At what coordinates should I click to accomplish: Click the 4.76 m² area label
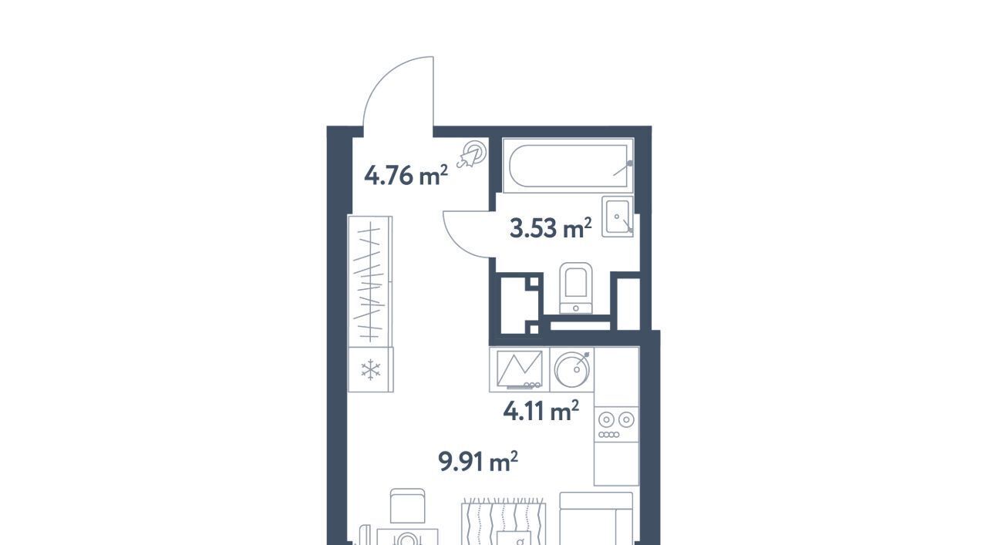[x=406, y=175]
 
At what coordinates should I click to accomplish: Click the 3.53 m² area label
[x=551, y=227]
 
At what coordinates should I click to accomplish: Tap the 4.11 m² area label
[x=541, y=411]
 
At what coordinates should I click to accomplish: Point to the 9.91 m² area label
[x=478, y=461]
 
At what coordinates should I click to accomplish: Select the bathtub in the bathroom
[x=568, y=166]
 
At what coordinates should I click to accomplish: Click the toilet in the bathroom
[x=575, y=288]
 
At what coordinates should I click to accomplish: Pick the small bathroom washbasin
[x=618, y=217]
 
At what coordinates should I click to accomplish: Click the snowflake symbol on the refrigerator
[x=371, y=370]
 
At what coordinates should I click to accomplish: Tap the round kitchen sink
[x=572, y=369]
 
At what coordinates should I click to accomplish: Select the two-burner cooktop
[x=616, y=424]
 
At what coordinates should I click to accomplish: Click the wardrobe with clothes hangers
[x=369, y=281]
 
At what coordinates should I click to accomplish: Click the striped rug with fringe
[x=504, y=522]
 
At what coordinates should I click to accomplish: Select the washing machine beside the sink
[x=520, y=369]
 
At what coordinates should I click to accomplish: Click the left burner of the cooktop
[x=606, y=420]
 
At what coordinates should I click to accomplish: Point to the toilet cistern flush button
[x=575, y=308]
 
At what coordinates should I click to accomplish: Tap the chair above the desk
[x=408, y=506]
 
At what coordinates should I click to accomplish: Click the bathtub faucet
[x=622, y=168]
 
